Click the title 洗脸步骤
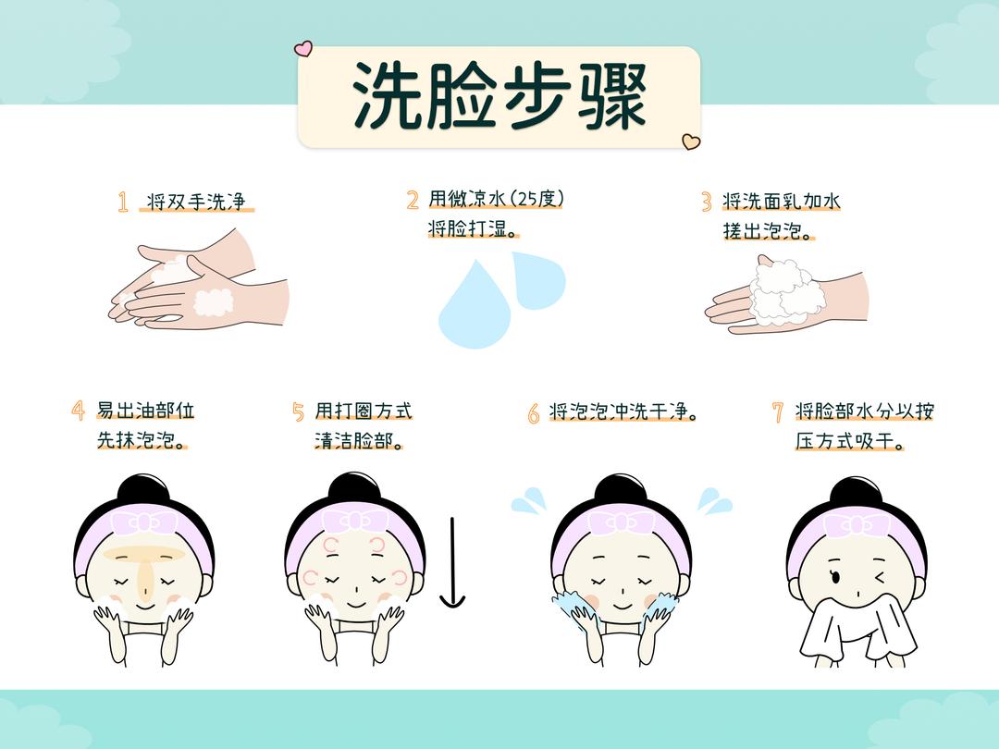pyautogui.click(x=499, y=96)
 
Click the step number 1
pyautogui.click(x=123, y=203)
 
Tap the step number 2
pyautogui.click(x=413, y=200)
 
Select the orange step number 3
pyautogui.click(x=706, y=202)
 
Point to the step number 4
pyautogui.click(x=79, y=411)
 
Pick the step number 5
pyautogui.click(x=298, y=411)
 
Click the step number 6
pyautogui.click(x=534, y=413)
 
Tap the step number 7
pyautogui.click(x=778, y=412)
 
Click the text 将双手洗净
pyautogui.click(x=197, y=202)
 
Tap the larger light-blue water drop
pyautogui.click(x=473, y=304)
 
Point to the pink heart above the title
pyautogui.click(x=303, y=48)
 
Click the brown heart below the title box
pyautogui.click(x=690, y=141)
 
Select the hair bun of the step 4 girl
pyautogui.click(x=142, y=490)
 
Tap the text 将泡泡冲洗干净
pyautogui.click(x=622, y=412)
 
